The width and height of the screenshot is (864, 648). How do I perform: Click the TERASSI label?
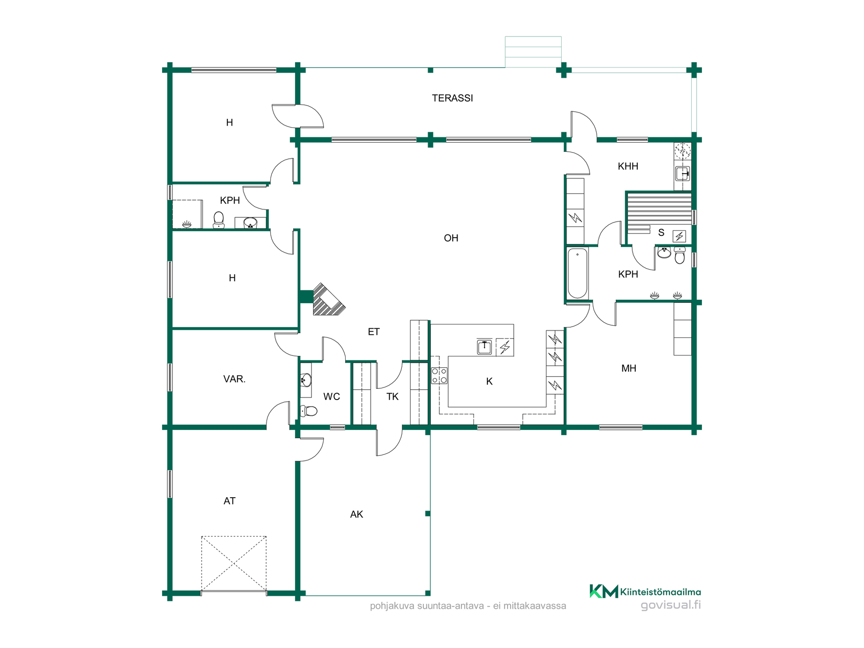click(452, 98)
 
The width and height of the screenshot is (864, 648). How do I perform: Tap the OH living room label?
click(451, 238)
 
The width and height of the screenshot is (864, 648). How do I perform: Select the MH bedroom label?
click(629, 369)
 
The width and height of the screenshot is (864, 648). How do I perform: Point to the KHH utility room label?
click(628, 166)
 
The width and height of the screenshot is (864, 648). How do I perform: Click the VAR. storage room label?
click(234, 379)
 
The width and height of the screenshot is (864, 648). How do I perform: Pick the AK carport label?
click(356, 514)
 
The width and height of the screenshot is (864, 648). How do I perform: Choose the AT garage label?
click(229, 501)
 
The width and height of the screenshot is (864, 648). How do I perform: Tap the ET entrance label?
click(373, 332)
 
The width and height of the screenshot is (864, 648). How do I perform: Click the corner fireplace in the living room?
click(328, 299)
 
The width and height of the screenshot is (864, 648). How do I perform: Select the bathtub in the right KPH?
click(577, 273)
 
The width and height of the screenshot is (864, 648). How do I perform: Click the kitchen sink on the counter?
click(484, 347)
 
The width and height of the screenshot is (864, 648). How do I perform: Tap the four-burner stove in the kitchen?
click(439, 376)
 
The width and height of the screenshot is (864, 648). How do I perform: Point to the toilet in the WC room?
click(309, 410)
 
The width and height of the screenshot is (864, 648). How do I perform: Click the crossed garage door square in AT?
click(234, 563)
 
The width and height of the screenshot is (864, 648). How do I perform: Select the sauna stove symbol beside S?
click(679, 236)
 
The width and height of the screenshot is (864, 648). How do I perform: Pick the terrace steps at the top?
click(533, 52)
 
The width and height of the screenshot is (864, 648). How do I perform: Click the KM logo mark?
click(604, 591)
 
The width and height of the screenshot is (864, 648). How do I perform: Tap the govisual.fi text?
click(670, 605)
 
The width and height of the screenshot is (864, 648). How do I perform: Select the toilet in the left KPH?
click(219, 220)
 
